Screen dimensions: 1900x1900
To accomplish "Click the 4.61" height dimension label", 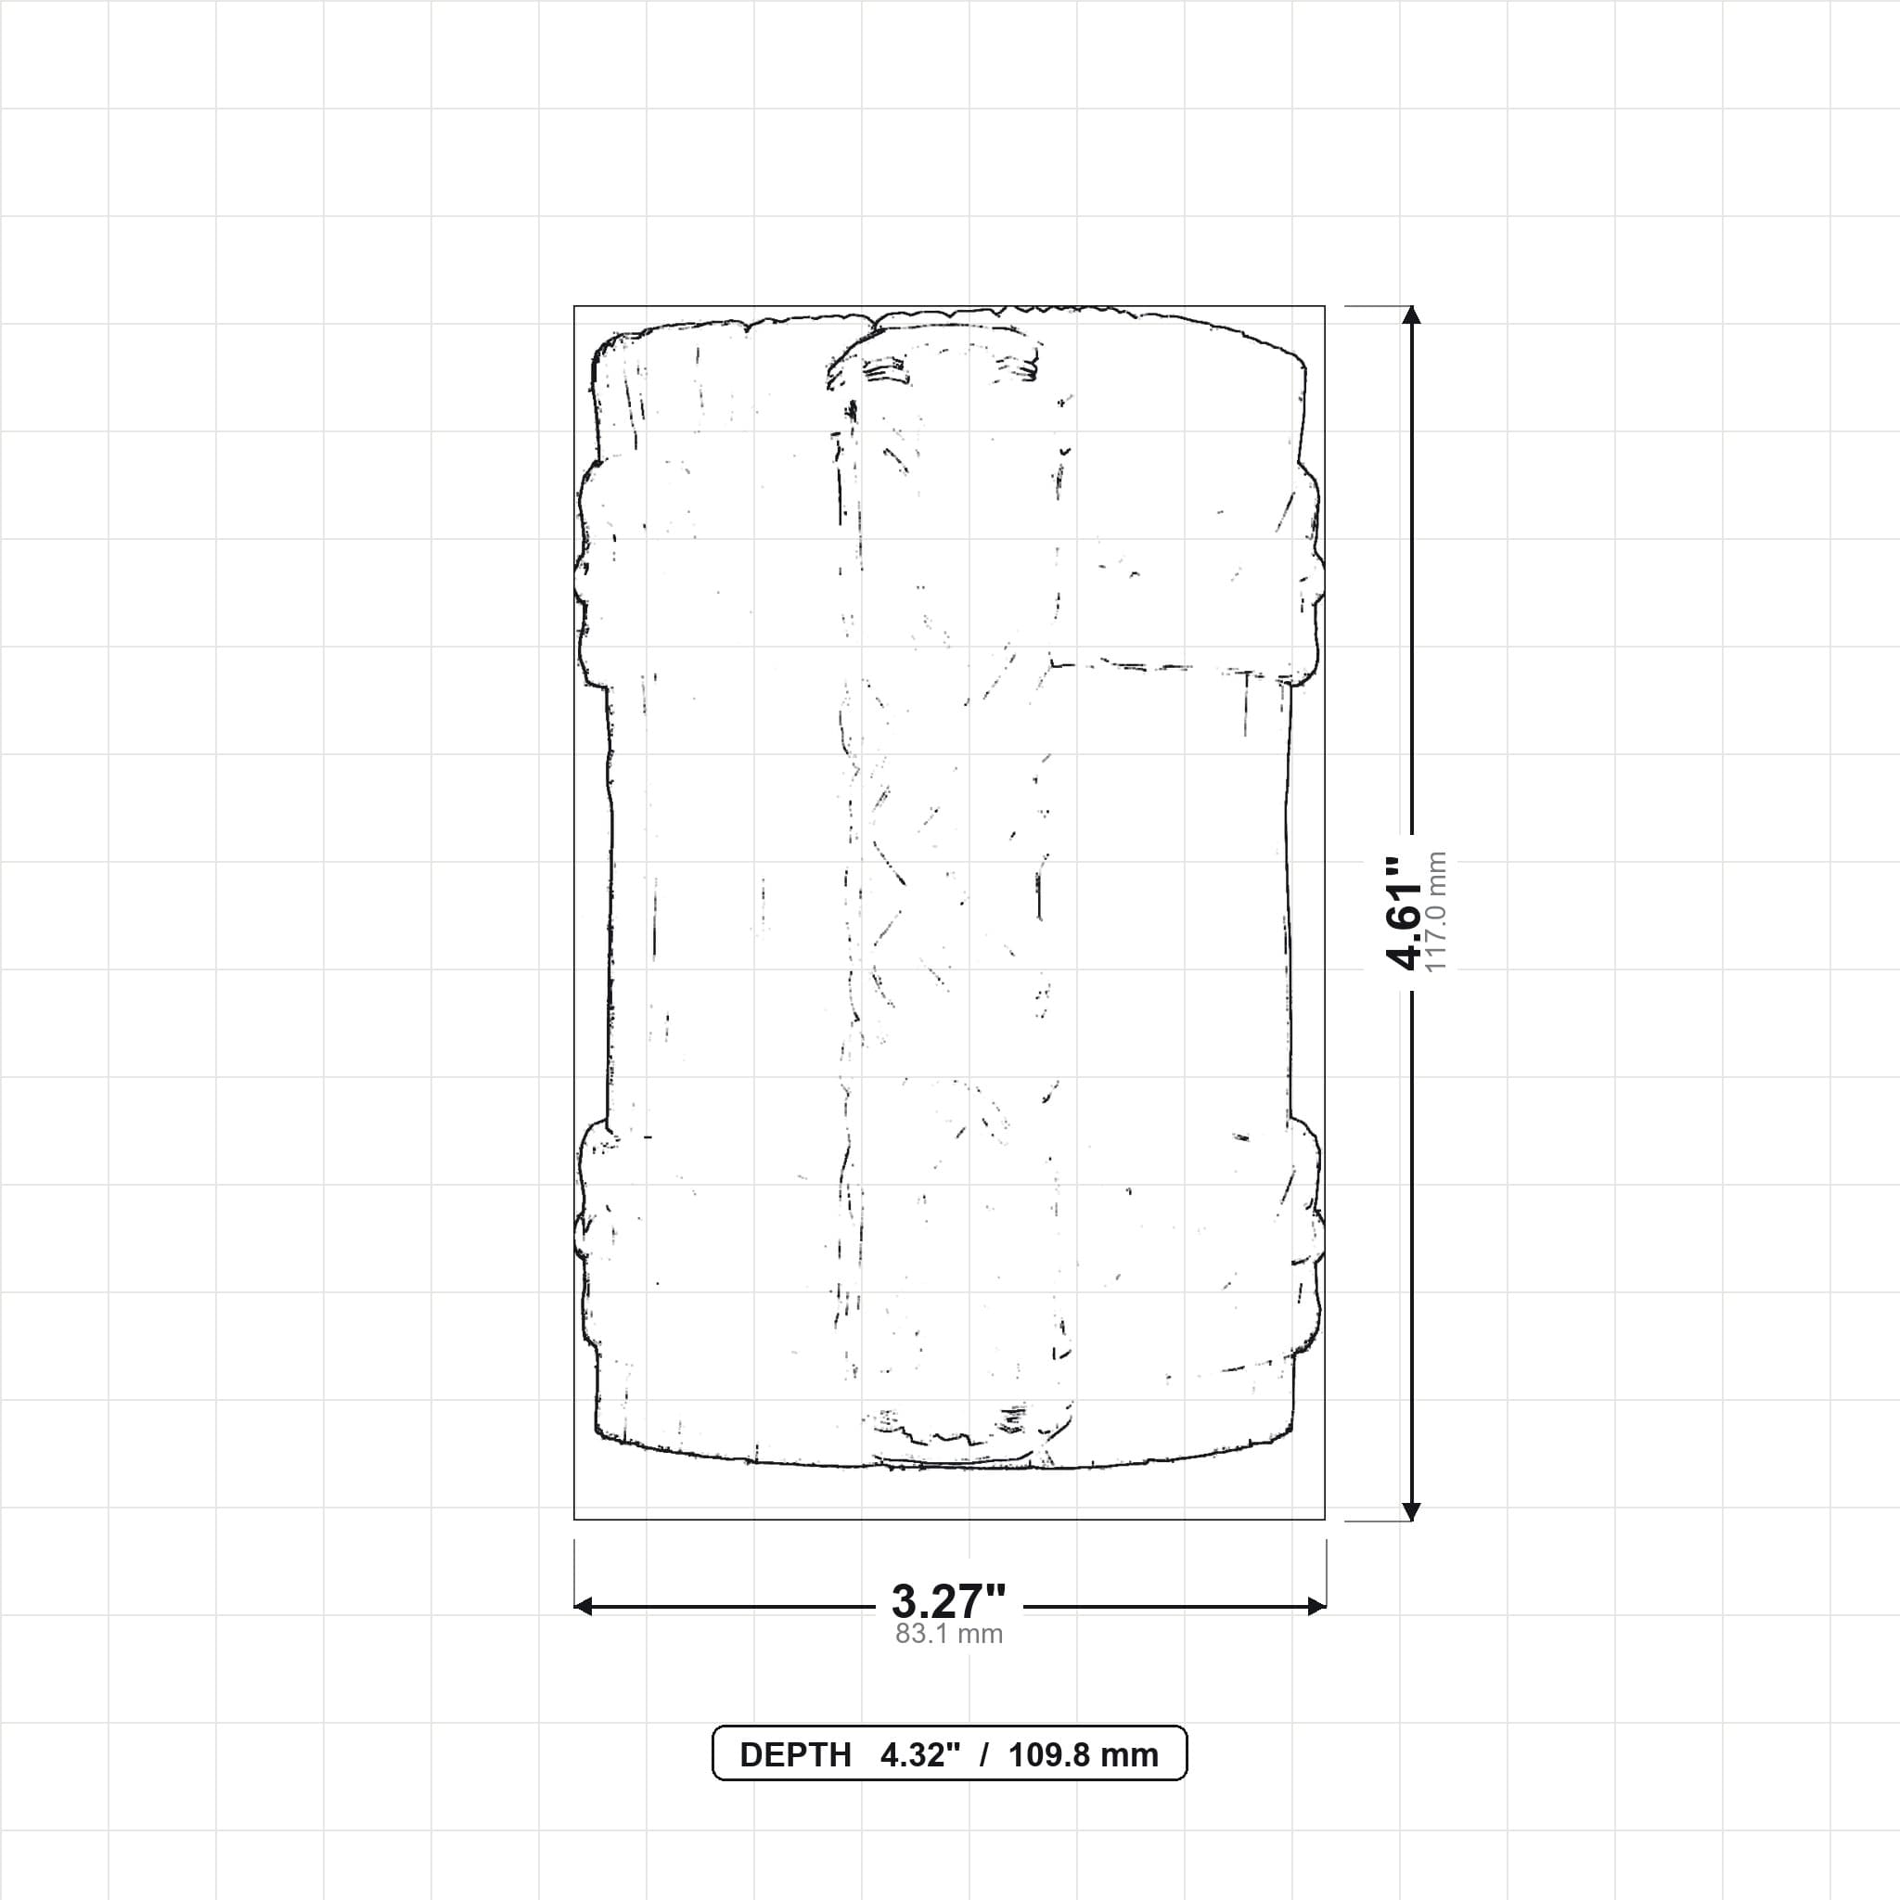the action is click(x=1405, y=912).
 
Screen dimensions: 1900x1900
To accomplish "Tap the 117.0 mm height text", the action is click(x=1437, y=912).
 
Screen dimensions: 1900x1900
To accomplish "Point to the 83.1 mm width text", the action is click(x=949, y=1634).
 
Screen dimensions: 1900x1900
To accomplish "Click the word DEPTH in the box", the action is click(x=795, y=1754).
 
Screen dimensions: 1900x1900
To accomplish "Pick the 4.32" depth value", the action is click(x=919, y=1754).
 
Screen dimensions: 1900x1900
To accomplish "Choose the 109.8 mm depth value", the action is click(x=1084, y=1754).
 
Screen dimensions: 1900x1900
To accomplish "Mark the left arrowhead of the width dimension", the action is click(x=584, y=1606).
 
